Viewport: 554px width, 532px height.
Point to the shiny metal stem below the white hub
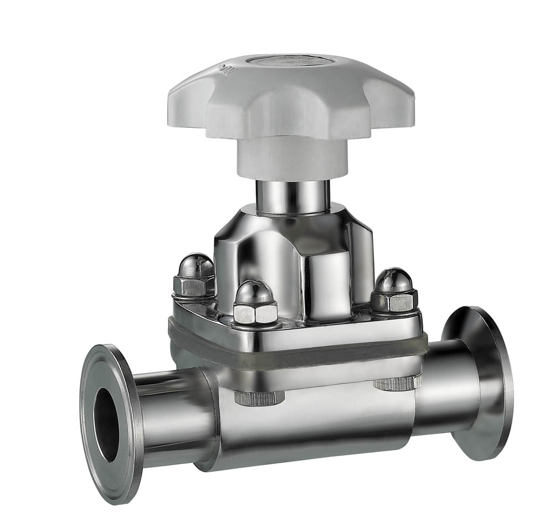(x=292, y=196)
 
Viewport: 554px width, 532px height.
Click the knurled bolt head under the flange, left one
(x=259, y=397)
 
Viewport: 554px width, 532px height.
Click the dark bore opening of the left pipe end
(x=107, y=424)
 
